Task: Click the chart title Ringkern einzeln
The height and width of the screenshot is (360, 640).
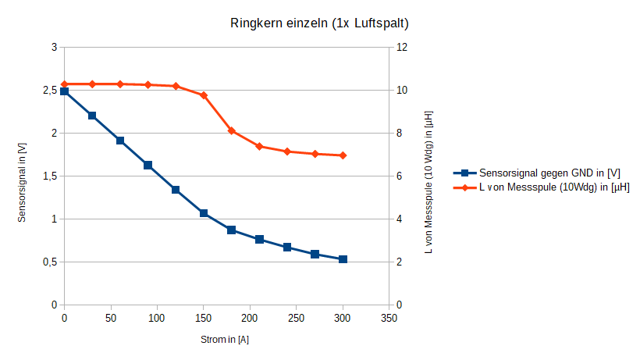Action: click(319, 23)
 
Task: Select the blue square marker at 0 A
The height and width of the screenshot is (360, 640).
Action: click(64, 91)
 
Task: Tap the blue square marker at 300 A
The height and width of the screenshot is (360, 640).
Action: click(343, 259)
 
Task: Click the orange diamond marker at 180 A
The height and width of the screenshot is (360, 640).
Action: click(232, 130)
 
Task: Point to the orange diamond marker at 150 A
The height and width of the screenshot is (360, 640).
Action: click(204, 95)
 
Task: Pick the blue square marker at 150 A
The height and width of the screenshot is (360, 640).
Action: click(204, 213)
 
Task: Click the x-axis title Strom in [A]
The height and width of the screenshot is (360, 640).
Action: click(225, 340)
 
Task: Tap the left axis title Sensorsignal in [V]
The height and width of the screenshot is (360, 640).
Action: click(22, 176)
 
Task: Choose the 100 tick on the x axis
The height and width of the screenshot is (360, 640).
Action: click(157, 319)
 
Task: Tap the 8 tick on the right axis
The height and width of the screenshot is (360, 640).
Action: click(401, 134)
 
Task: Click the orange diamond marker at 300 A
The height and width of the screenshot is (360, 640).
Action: click(343, 155)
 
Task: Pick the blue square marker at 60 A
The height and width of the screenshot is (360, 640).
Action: click(120, 141)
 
